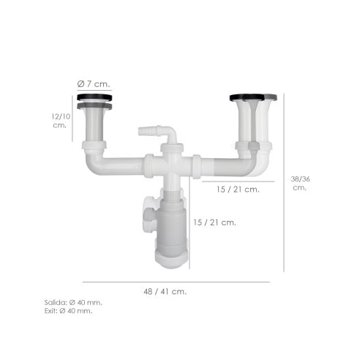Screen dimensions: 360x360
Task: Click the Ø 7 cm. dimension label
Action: (94, 84)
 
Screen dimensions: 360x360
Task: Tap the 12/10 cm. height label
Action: (61, 121)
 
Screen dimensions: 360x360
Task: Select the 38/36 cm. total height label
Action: (300, 183)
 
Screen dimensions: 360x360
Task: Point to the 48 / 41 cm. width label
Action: (165, 291)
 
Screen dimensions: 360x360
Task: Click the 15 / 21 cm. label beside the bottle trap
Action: (214, 222)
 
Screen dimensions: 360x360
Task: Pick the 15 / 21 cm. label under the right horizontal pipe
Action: (238, 190)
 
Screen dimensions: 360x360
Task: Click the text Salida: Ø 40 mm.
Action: (73, 303)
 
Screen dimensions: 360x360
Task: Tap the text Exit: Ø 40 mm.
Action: (69, 311)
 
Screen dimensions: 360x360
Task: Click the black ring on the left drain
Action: (94, 97)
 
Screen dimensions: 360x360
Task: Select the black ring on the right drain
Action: (247, 97)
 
